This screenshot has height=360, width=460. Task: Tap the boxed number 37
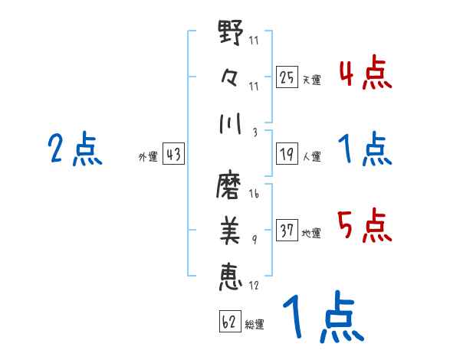pos(287,231)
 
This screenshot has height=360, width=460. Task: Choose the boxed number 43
pos(173,155)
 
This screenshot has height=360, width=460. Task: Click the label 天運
pos(311,80)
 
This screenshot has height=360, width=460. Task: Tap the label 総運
pos(255,324)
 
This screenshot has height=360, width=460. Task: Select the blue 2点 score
pos(74,149)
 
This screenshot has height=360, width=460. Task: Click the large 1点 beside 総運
pos(321,318)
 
